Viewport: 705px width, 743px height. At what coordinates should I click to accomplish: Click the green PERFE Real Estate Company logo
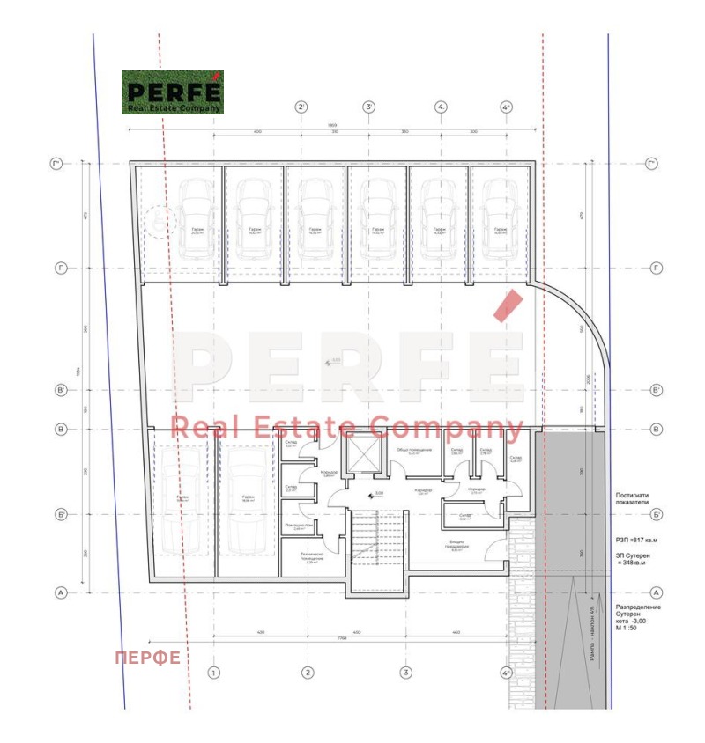[173, 92]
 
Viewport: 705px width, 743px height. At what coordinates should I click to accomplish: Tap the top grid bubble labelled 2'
[301, 107]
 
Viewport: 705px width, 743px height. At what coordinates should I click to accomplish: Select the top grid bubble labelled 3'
[369, 107]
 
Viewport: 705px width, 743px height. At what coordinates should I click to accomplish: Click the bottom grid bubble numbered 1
[213, 673]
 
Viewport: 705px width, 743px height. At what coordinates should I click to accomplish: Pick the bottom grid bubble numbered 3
[405, 673]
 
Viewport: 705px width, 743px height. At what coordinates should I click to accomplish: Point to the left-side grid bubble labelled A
[61, 592]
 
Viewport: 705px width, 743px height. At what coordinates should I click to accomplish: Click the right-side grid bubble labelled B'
[656, 390]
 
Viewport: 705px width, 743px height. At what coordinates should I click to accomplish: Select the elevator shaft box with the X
[363, 454]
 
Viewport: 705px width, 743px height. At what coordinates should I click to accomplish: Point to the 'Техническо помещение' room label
[311, 557]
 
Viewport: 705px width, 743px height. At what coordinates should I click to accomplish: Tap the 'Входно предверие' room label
[456, 546]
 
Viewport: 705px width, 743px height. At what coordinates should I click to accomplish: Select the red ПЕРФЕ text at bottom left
[148, 658]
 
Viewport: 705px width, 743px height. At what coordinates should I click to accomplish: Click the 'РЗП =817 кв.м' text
[637, 539]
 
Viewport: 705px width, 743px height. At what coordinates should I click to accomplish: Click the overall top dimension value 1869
[331, 125]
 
